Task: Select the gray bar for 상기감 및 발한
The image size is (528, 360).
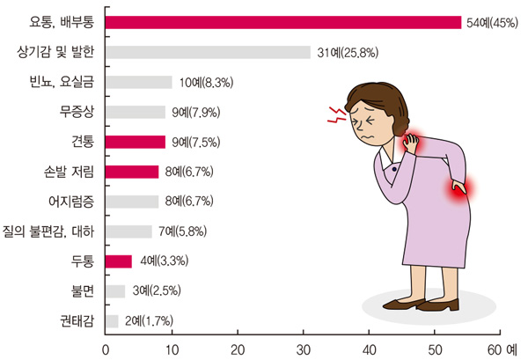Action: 208,52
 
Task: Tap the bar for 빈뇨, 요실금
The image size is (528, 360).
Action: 139,82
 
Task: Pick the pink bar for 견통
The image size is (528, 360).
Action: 136,142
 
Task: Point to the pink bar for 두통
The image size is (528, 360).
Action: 119,261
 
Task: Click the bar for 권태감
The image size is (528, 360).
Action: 112,320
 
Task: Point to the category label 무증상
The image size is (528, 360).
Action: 77,112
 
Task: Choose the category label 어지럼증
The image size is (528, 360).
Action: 70,202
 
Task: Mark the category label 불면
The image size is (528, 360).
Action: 83,290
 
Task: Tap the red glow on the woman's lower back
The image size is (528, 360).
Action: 459,187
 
